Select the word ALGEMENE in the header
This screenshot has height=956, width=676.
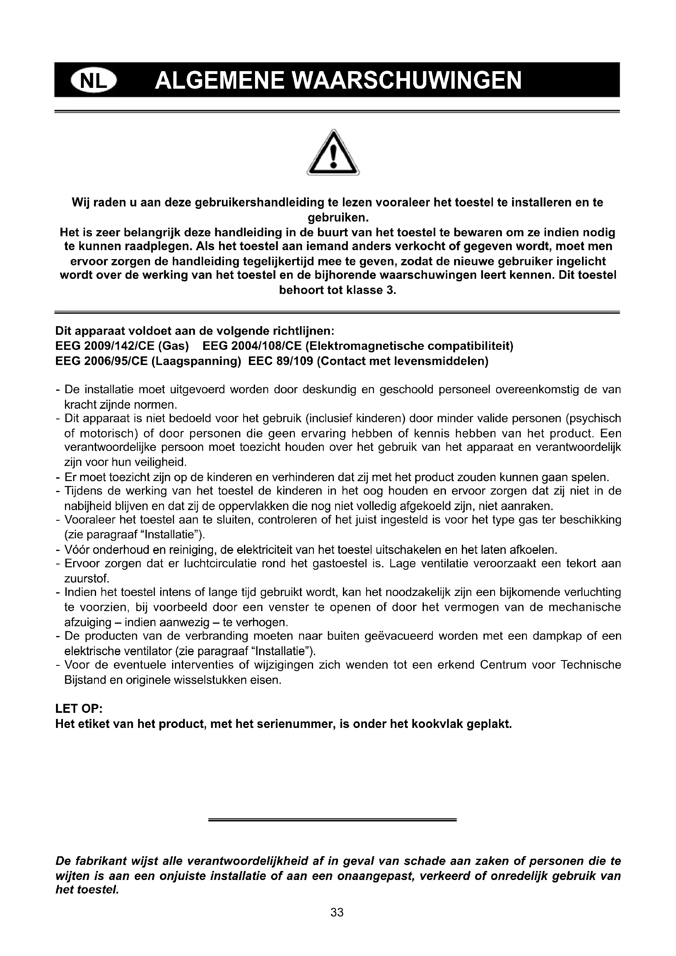pyautogui.click(x=220, y=81)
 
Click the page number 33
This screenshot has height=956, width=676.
pyautogui.click(x=337, y=912)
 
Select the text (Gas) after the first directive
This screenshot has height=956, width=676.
pyautogui.click(x=174, y=346)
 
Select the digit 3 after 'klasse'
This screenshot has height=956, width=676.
pyautogui.click(x=389, y=290)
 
